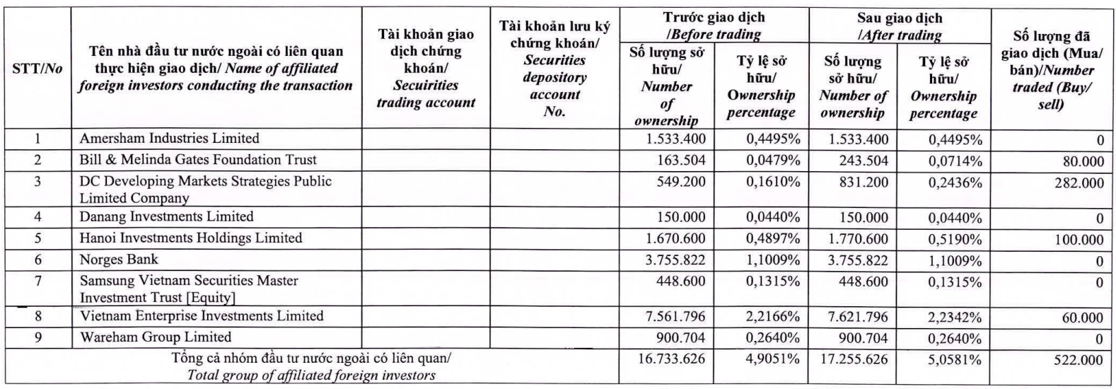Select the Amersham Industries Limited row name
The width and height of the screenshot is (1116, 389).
pos(169,139)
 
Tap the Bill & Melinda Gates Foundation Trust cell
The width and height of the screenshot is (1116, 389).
pos(198,160)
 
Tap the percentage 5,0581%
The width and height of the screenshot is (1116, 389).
pos(955,359)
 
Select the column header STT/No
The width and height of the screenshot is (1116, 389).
pos(37,69)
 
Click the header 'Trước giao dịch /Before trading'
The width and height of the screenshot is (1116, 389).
pos(714,25)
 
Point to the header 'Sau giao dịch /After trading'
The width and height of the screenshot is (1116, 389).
pos(899,26)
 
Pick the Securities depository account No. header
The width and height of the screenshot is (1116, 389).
pos(554,69)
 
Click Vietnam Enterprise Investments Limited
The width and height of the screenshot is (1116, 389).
pos(202,316)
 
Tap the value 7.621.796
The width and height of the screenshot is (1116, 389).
pos(856,317)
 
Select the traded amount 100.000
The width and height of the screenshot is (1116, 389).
pos(1079,240)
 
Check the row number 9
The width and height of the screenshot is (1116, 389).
pos(38,337)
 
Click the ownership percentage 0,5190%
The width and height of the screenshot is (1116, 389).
pos(955,239)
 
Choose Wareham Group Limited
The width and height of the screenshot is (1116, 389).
pos(156,337)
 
